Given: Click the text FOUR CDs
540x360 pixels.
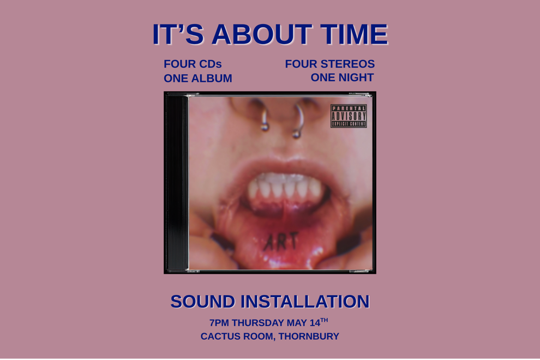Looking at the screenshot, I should (x=193, y=64).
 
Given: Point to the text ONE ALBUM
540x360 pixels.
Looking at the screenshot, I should (x=198, y=79).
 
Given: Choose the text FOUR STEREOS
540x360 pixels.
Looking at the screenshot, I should (x=329, y=64).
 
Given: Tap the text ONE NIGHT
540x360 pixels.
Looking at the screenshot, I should (x=342, y=77).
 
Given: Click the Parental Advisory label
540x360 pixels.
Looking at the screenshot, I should (x=349, y=116).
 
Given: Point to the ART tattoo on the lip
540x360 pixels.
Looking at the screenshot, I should (x=281, y=241).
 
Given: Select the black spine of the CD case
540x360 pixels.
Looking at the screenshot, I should (x=176, y=183).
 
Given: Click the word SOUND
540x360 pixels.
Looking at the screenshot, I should (x=203, y=301).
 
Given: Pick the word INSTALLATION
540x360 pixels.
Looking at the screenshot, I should (x=305, y=301).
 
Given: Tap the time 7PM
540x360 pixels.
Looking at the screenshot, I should (x=219, y=323).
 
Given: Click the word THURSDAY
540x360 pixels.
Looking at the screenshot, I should (x=259, y=323).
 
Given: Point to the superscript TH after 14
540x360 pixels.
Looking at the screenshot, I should (x=324, y=320).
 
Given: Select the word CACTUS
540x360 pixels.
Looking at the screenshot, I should (x=221, y=337).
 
